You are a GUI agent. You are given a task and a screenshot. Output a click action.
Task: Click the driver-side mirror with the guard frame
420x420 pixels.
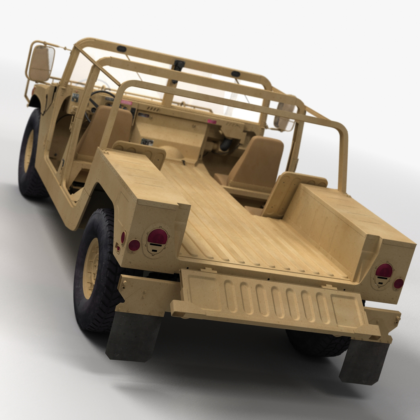pos(40,63)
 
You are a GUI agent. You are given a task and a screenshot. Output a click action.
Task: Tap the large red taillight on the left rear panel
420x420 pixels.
pos(157,237)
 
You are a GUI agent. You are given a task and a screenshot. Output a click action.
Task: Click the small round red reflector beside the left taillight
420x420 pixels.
pos(134,245)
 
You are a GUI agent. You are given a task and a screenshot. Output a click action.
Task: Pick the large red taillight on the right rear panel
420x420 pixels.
pos(384,271)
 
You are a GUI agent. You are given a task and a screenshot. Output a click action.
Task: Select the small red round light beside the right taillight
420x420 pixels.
pos(399,283)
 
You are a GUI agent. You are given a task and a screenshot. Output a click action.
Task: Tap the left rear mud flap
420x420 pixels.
pos(134,336)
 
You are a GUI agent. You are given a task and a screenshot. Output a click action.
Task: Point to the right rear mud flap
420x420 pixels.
pos(364,362)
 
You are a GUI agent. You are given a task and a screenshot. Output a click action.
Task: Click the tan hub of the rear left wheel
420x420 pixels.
pos(92,268)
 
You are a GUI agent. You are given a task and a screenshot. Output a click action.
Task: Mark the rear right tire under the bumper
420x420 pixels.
pos(319,342)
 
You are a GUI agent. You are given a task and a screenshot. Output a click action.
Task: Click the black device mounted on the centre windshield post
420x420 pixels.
pos(178,66)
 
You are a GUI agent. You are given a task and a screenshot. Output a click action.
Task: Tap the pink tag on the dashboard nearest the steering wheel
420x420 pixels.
pos(125,103)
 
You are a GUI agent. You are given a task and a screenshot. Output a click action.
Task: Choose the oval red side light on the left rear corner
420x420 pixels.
pos(123,237)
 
